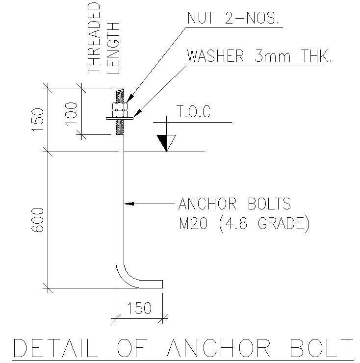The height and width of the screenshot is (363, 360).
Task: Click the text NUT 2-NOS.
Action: pos(233,18)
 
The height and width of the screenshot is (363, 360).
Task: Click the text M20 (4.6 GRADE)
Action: pos(244,224)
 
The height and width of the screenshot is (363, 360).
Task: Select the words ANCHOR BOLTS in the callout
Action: pos(235,203)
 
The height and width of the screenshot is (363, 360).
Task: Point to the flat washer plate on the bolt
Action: pos(119,118)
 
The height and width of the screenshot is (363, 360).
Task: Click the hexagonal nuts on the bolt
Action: pos(120,108)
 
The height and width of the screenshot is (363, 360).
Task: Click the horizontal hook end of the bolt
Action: pos(152,284)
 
